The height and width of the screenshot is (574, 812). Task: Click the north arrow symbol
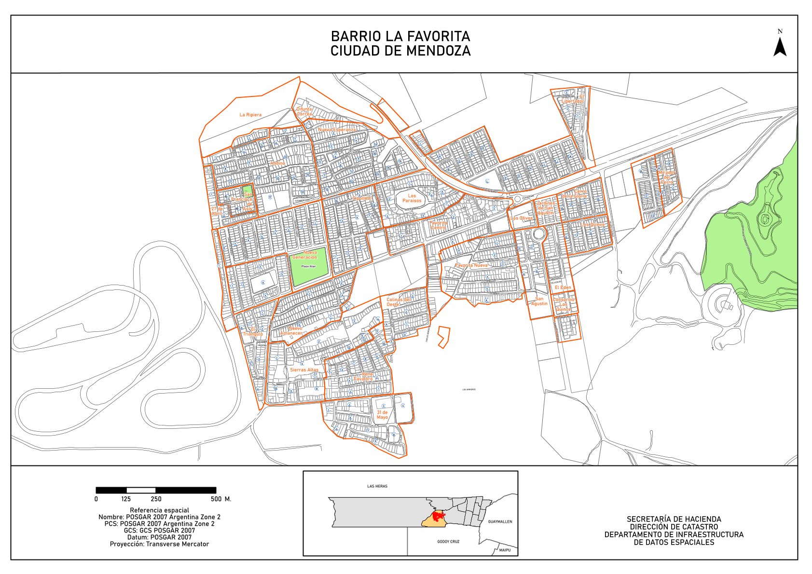tap(780, 46)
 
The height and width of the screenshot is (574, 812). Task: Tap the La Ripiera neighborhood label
tap(250, 115)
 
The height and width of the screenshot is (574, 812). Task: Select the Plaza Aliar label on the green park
tap(308, 266)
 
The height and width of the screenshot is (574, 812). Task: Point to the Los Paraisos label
tap(412, 198)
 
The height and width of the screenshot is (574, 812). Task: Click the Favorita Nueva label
tap(471, 265)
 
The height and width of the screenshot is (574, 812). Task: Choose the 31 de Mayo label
tap(382, 415)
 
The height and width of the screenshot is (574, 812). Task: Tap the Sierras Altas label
tap(304, 370)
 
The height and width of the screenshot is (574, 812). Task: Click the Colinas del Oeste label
tap(398, 302)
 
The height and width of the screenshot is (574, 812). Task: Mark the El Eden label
tap(563, 287)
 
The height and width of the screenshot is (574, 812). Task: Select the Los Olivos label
tap(522, 218)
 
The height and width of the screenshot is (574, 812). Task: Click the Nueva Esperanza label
tap(337, 130)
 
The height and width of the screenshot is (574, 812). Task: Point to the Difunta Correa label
tap(304, 111)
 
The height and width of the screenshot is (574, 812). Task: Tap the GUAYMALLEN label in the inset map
tap(500, 521)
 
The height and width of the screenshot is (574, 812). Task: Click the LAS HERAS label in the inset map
tap(377, 486)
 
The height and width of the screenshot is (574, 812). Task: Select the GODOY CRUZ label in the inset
tap(448, 542)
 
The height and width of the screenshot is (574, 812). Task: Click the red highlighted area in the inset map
tap(438, 517)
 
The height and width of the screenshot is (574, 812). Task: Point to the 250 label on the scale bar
tap(156, 499)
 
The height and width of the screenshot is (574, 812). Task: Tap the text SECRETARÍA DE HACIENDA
tap(674, 519)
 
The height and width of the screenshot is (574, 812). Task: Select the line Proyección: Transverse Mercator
tap(159, 544)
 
